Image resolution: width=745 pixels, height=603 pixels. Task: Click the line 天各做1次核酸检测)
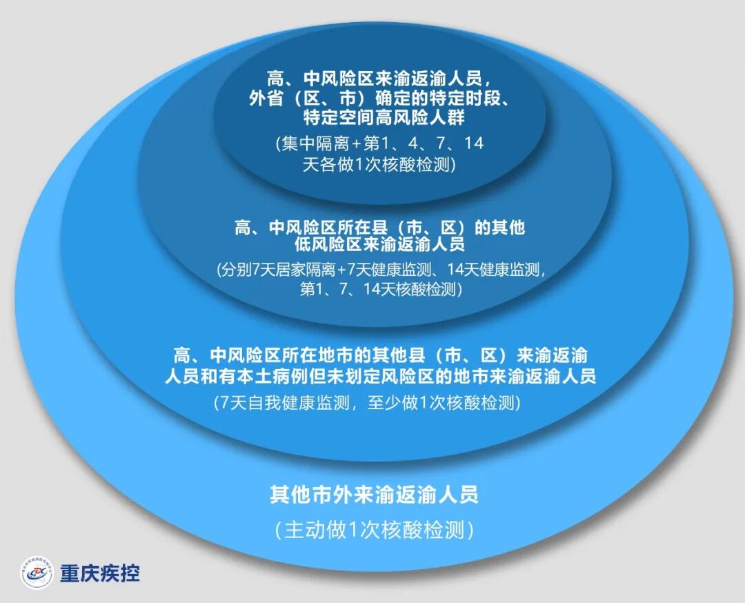[379, 166]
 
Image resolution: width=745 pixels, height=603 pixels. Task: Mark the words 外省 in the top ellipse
[264, 98]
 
